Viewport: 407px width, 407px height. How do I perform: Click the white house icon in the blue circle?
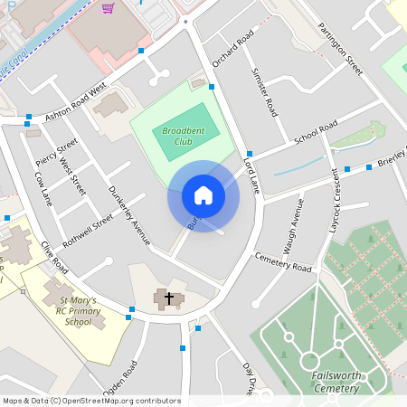pyautogui.click(x=203, y=195)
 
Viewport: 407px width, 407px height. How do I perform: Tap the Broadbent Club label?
pyautogui.click(x=177, y=137)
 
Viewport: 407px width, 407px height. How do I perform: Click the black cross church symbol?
pyautogui.click(x=168, y=297)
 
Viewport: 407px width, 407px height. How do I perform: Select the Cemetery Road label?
pyautogui.click(x=282, y=262)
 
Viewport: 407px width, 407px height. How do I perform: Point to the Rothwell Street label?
pyautogui.click(x=88, y=231)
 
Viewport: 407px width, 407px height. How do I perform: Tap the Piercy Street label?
pyautogui.click(x=56, y=154)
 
